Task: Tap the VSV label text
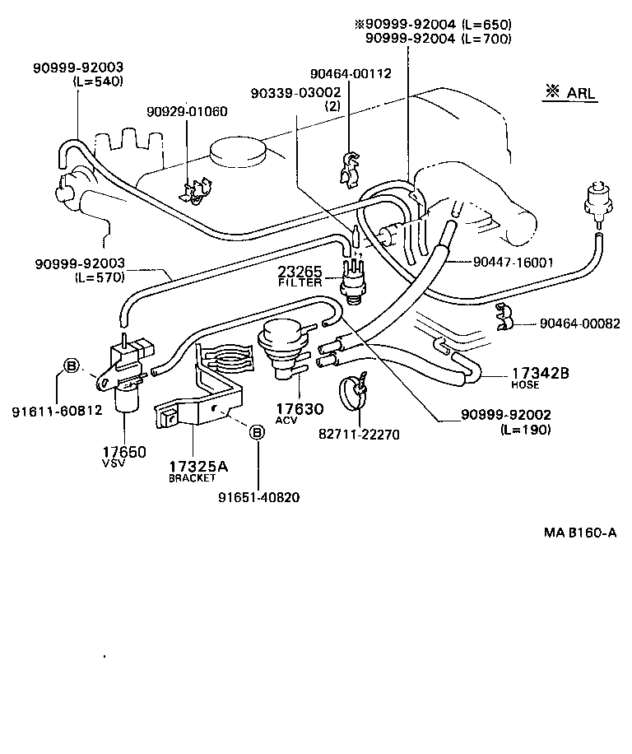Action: [113, 463]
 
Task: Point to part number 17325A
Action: [198, 467]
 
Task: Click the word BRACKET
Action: [192, 478]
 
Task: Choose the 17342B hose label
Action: [540, 373]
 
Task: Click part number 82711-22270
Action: [360, 435]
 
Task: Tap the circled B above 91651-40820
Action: [257, 431]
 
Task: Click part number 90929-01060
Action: [187, 111]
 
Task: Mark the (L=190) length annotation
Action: [525, 429]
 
